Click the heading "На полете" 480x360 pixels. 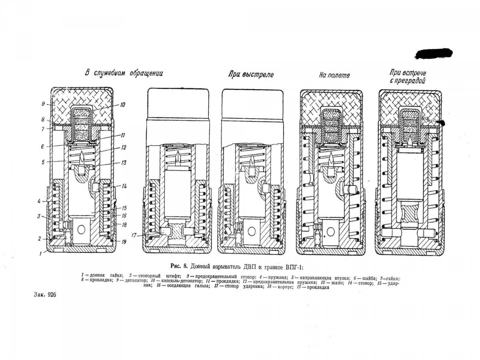[334, 75]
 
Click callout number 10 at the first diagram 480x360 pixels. [122, 105]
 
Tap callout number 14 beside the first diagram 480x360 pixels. [124, 186]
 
